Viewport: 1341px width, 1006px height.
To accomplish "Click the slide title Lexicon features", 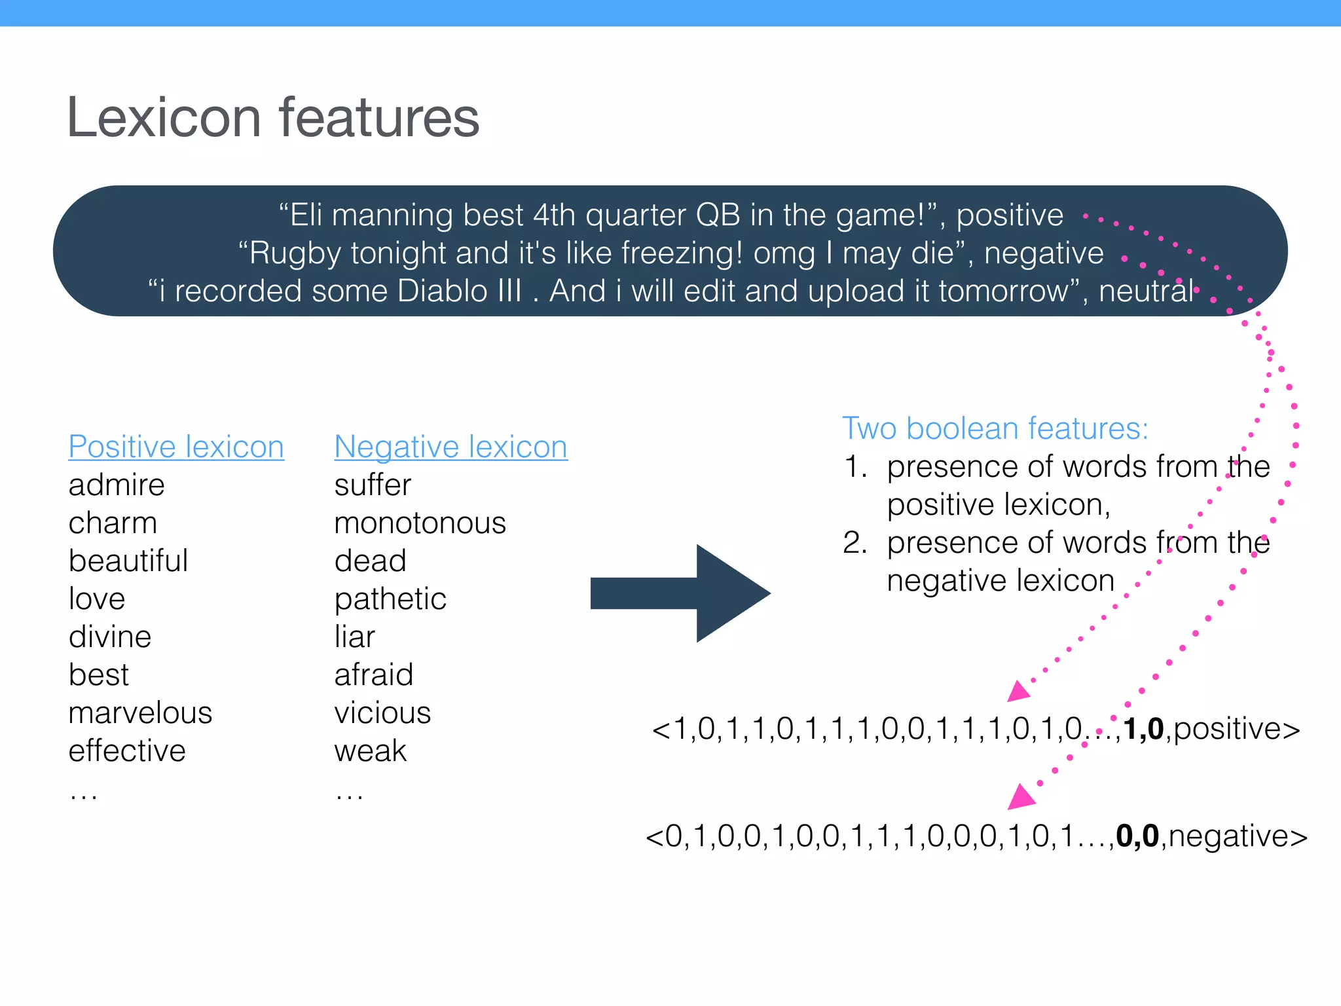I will (273, 118).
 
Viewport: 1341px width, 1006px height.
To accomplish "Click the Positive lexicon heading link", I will (176, 447).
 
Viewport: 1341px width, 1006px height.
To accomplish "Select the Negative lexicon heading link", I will (450, 447).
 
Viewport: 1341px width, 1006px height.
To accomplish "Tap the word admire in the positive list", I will (117, 485).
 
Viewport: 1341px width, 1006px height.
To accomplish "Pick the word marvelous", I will (140, 713).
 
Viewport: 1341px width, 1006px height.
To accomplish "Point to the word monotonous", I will (420, 523).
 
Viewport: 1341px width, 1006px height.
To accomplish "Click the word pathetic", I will (390, 599).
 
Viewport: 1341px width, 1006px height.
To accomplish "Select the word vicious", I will (382, 713).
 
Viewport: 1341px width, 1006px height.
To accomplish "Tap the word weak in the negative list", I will (370, 751).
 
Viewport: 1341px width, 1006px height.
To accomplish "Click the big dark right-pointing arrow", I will (681, 593).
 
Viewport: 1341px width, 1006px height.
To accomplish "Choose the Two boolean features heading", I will (995, 428).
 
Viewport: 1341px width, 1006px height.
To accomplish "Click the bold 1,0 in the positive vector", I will (1143, 729).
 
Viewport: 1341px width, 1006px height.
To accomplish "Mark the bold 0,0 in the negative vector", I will (1137, 836).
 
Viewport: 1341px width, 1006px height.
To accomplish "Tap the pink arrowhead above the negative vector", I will (1020, 797).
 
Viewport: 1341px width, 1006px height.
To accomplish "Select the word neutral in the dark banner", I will (1146, 291).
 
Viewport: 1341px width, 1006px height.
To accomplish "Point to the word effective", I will (127, 751).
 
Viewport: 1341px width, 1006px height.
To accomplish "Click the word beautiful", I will (128, 561).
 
